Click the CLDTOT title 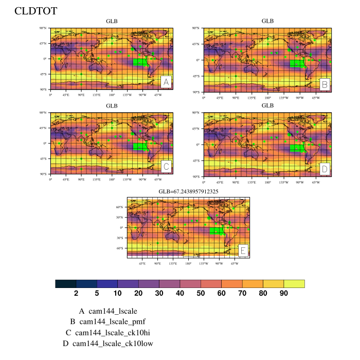(35, 11)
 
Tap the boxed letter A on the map (166, 82)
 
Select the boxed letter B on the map (325, 84)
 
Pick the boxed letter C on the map (166, 167)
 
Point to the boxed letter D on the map (325, 169)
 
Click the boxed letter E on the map (243, 250)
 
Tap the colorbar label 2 (76, 293)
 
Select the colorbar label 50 (201, 293)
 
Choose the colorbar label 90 (283, 293)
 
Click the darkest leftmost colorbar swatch (65, 284)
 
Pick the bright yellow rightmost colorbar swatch (294, 284)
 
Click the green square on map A (139, 63)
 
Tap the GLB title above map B (267, 21)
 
